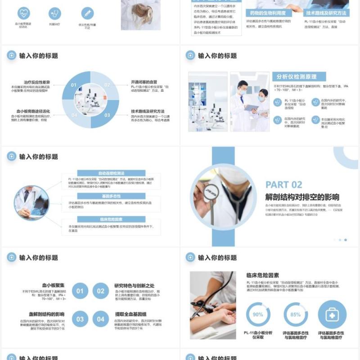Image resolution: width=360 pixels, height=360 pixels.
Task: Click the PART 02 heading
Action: click(x=283, y=184)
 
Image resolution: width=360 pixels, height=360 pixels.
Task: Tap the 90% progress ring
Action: click(x=258, y=315)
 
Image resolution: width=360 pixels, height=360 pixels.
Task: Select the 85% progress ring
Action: click(x=296, y=315)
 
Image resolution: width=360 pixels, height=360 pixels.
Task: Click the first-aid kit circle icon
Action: click(x=332, y=315)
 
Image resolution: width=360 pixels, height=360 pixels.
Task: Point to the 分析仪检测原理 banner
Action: click(x=299, y=76)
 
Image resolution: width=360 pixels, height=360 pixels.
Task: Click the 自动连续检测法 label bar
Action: click(x=111, y=173)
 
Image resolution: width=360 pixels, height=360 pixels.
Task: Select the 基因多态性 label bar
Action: click(x=111, y=196)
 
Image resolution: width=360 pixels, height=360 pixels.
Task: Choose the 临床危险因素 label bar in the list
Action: click(x=111, y=219)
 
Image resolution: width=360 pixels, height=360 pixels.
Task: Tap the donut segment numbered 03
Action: click(x=107, y=115)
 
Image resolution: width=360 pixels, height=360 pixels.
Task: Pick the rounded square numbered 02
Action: click(x=101, y=291)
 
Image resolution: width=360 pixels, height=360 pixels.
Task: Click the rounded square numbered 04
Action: click(x=101, y=319)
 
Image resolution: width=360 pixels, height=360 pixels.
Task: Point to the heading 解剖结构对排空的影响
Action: click(x=302, y=197)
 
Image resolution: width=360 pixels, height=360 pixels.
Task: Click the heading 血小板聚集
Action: click(x=54, y=285)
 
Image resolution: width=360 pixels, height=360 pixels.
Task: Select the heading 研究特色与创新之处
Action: click(x=135, y=285)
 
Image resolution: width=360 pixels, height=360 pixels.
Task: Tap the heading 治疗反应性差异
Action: click(x=37, y=82)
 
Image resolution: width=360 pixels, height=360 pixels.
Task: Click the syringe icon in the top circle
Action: click(x=87, y=13)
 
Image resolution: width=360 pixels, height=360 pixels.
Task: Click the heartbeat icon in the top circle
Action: click(x=24, y=13)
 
